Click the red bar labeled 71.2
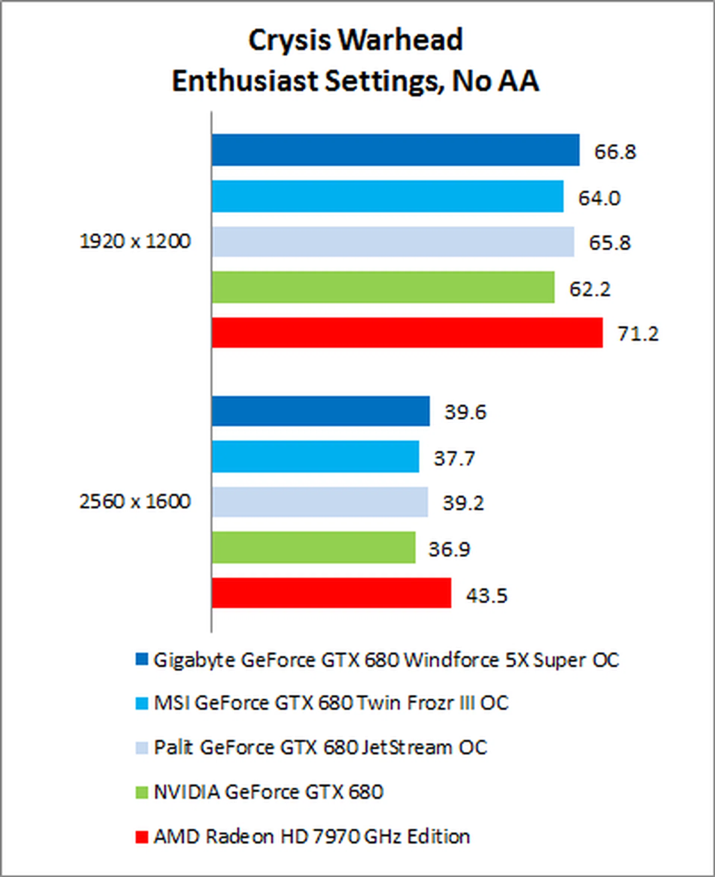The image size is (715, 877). (x=407, y=333)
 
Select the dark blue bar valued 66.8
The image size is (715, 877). (x=395, y=150)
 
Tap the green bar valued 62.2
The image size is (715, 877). (x=383, y=287)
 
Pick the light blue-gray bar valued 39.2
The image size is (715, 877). (x=320, y=502)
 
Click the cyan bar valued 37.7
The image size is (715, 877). (x=315, y=457)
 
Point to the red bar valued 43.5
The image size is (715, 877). (x=331, y=593)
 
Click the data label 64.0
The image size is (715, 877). (x=599, y=198)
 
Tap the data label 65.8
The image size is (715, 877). (x=610, y=243)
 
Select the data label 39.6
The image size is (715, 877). (x=465, y=412)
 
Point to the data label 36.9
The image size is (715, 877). (x=449, y=550)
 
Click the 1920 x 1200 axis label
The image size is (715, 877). (x=135, y=241)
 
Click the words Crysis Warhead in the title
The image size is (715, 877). (x=356, y=40)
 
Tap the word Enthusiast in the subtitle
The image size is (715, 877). (x=245, y=81)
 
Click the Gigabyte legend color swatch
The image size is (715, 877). (x=141, y=660)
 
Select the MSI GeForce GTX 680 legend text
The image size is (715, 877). (x=331, y=703)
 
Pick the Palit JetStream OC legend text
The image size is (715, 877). (x=320, y=747)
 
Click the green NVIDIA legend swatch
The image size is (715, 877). (x=141, y=792)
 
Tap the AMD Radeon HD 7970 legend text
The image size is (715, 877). (x=312, y=837)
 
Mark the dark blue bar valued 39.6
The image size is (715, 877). (x=321, y=411)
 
